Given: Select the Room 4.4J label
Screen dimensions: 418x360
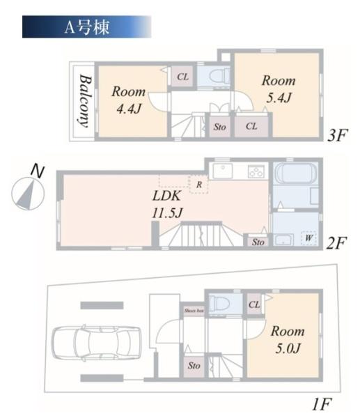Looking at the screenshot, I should click(129, 100).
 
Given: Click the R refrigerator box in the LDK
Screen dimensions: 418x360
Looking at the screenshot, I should click(198, 185).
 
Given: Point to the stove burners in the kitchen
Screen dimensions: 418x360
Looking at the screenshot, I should click(254, 171).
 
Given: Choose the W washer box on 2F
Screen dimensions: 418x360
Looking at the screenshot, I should click(306, 238).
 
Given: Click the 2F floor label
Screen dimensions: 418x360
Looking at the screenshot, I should click(336, 243).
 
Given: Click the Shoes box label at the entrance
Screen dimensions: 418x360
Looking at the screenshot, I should click(194, 311).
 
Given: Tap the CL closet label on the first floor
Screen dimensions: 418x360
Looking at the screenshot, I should click(253, 304).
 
